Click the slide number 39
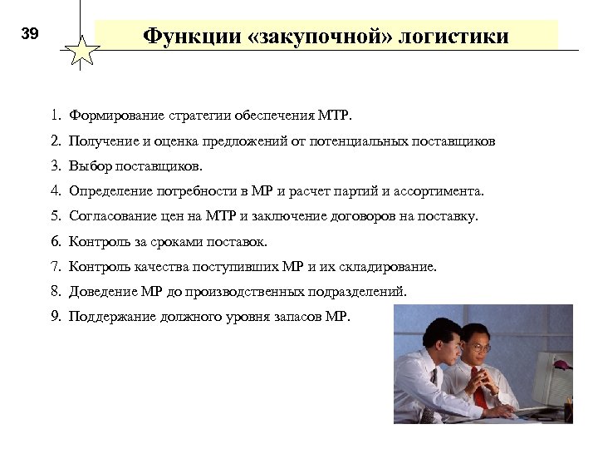pos(30,34)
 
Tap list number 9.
pos(54,317)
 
